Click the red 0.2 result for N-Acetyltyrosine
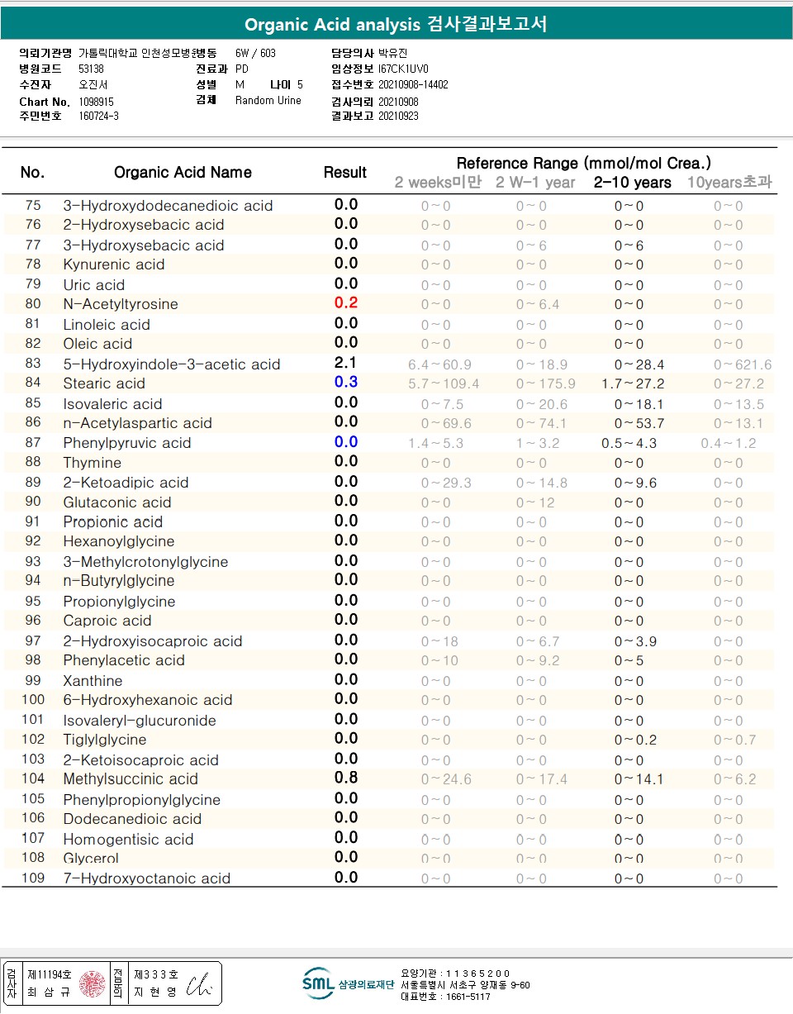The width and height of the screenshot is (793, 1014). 345,303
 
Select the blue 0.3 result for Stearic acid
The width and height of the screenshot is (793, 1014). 345,383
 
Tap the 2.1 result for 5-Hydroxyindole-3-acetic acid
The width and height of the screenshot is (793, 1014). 345,364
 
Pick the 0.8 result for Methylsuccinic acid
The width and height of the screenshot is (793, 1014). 345,778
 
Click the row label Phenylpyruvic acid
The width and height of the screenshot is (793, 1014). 127,443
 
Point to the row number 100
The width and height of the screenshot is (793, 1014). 33,700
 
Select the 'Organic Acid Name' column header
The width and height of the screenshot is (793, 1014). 183,173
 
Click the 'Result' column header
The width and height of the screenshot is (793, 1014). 345,172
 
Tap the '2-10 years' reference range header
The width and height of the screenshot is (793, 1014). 632,183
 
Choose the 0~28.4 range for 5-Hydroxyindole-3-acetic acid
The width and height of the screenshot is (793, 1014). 639,364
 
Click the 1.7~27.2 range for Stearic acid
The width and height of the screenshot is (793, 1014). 633,383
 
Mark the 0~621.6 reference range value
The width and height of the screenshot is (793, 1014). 743,364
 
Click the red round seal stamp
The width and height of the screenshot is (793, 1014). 92,983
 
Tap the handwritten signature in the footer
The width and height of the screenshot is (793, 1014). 199,984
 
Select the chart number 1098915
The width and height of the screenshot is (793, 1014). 97,102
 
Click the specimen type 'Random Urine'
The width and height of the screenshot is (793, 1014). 268,101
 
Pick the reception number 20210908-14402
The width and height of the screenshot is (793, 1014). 413,84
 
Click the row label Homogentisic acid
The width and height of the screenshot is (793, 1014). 128,840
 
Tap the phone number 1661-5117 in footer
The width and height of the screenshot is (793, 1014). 468,997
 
